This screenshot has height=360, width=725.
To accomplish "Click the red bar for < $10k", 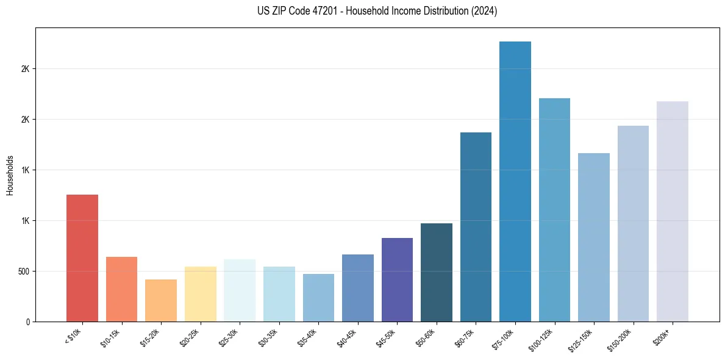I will point(82,258).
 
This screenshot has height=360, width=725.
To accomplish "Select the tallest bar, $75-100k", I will point(515,182).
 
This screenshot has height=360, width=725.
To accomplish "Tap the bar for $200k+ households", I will point(673,212).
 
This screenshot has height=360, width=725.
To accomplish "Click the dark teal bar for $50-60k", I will point(437,272).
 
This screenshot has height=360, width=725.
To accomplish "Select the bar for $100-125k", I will point(554,210).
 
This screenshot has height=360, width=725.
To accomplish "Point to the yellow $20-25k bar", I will point(200,294).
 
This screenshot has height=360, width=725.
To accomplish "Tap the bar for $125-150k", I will point(594,237).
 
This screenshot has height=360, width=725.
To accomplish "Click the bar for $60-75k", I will point(476,227).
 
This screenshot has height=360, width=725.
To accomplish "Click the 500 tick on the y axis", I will point(24,271).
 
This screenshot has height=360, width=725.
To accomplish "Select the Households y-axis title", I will point(10,175).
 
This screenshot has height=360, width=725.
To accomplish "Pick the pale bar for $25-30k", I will point(240,290).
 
